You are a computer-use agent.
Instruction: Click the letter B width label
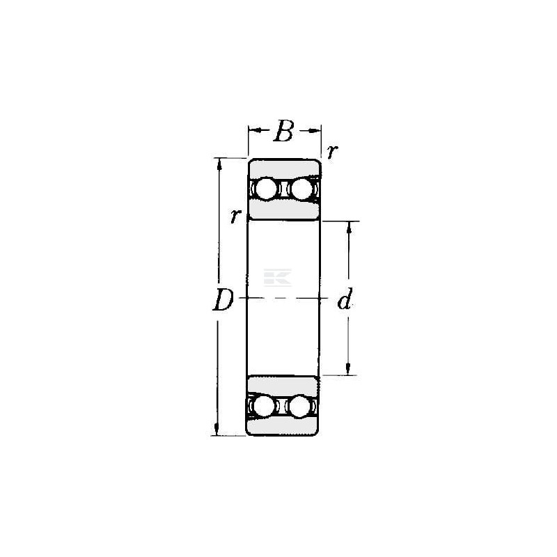pos(284,131)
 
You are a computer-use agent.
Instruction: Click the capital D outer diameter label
pos(223,300)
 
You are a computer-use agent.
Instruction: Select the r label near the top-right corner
pos(332,152)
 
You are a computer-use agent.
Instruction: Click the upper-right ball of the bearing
pos(302,189)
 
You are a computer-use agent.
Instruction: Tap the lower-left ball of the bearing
pos(265,406)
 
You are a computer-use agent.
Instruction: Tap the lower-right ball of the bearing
pos(299,406)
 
